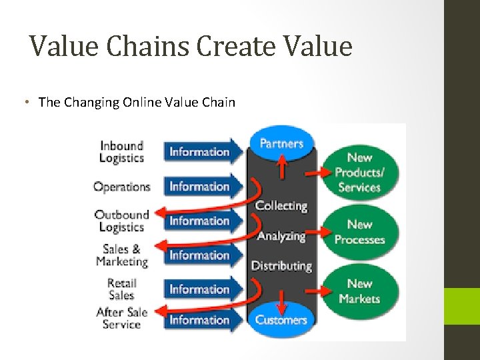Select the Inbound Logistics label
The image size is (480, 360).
[121, 151]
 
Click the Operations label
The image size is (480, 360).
[122, 187]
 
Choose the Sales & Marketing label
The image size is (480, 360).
[121, 255]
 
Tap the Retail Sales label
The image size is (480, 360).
[121, 289]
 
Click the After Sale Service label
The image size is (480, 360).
[121, 318]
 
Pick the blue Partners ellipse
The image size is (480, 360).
[281, 143]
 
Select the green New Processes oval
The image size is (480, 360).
[359, 232]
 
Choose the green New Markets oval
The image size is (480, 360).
[359, 291]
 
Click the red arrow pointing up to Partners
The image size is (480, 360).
[282, 167]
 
